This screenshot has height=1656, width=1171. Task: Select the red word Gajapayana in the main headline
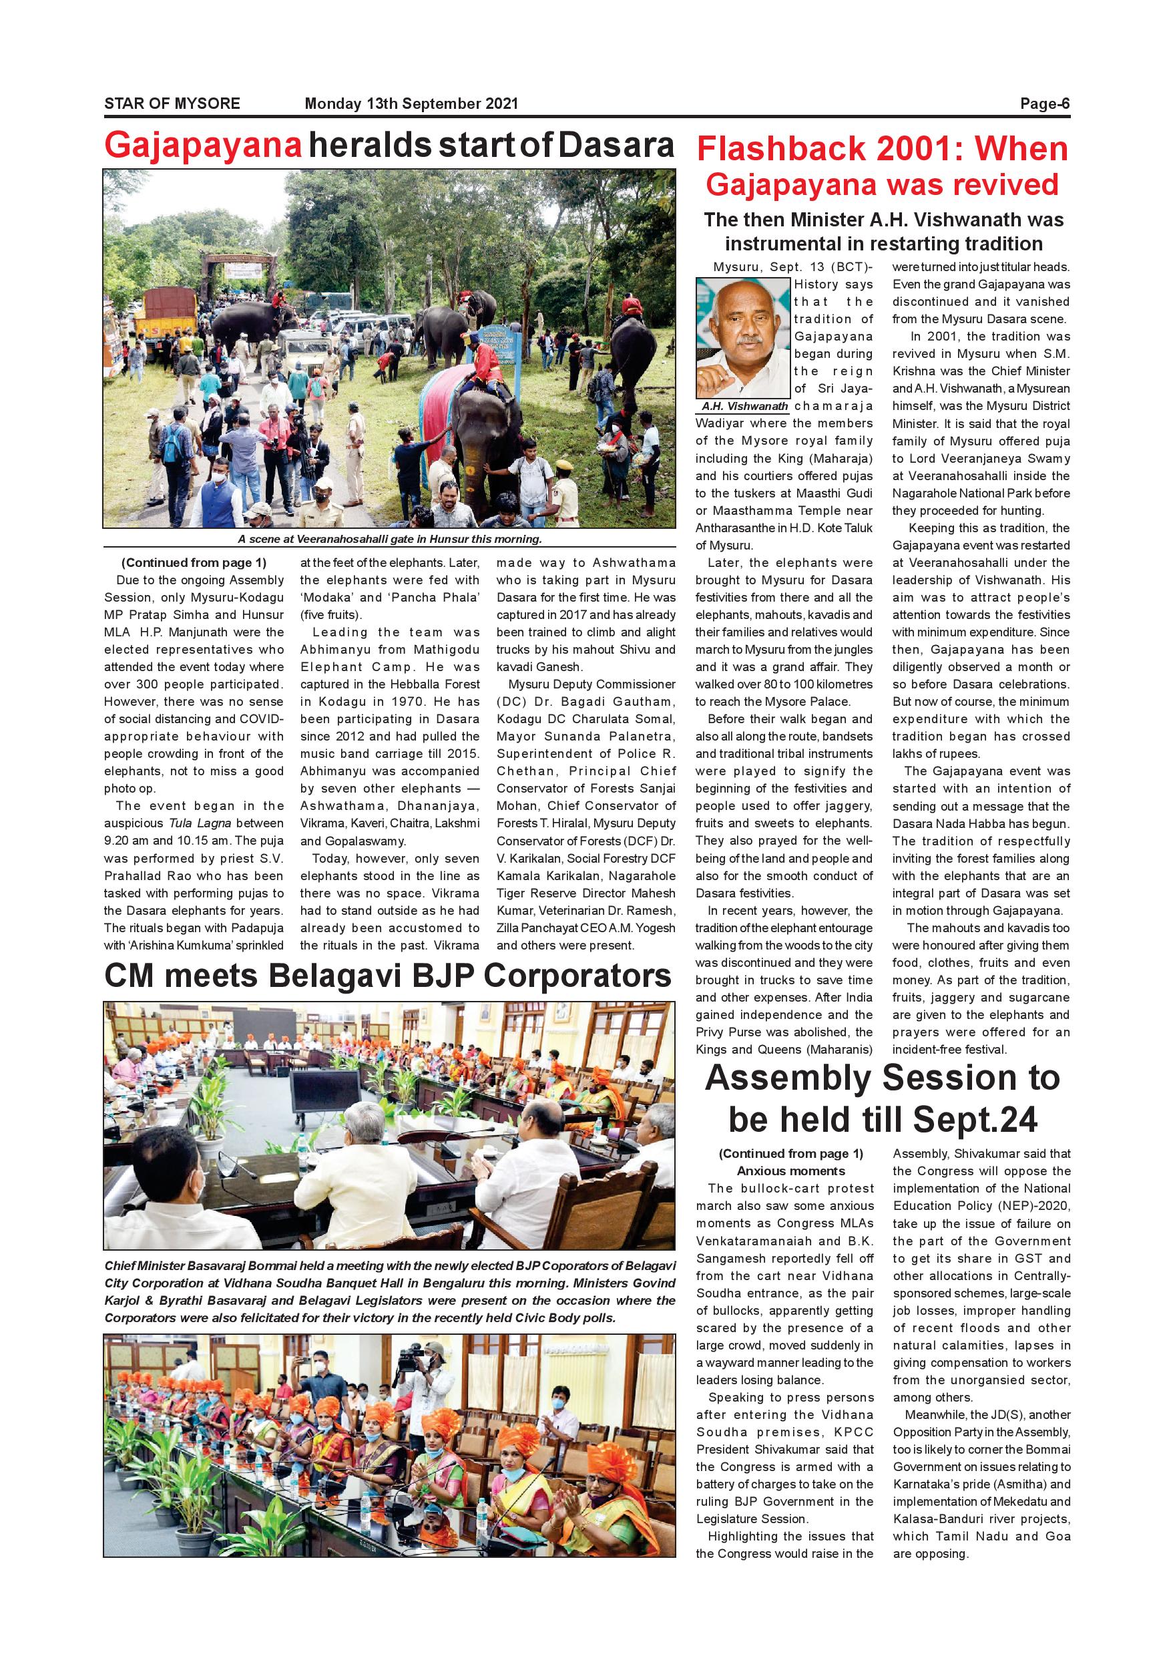click(x=204, y=146)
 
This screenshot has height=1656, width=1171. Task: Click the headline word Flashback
click(x=781, y=150)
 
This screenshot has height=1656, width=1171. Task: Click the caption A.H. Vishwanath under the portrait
click(x=745, y=406)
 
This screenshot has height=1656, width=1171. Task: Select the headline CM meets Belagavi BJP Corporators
click(x=388, y=977)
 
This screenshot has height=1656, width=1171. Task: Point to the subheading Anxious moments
click(x=790, y=1171)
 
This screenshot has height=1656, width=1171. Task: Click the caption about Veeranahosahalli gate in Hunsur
click(x=389, y=540)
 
